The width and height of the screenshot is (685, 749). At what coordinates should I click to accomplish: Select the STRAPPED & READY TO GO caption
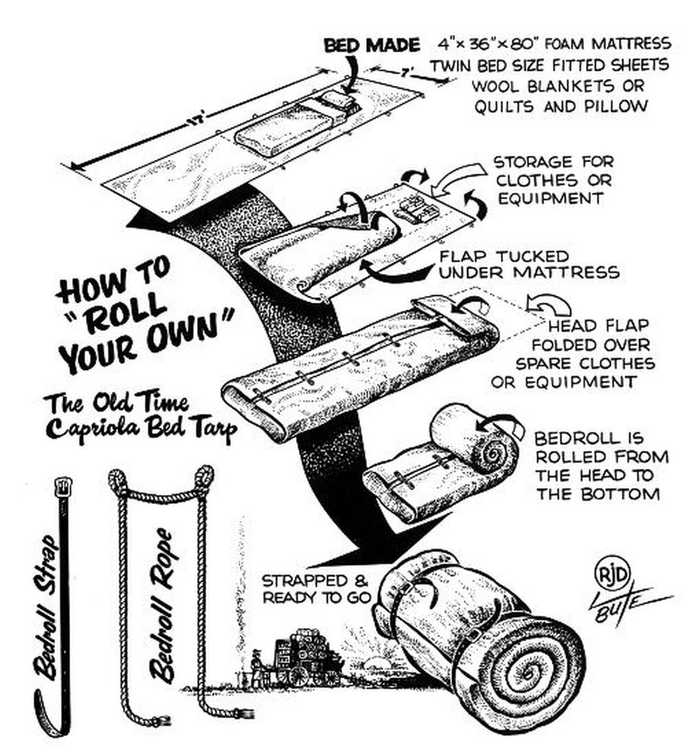[316, 589]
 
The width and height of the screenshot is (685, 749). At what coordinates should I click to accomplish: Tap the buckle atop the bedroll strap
[63, 485]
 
